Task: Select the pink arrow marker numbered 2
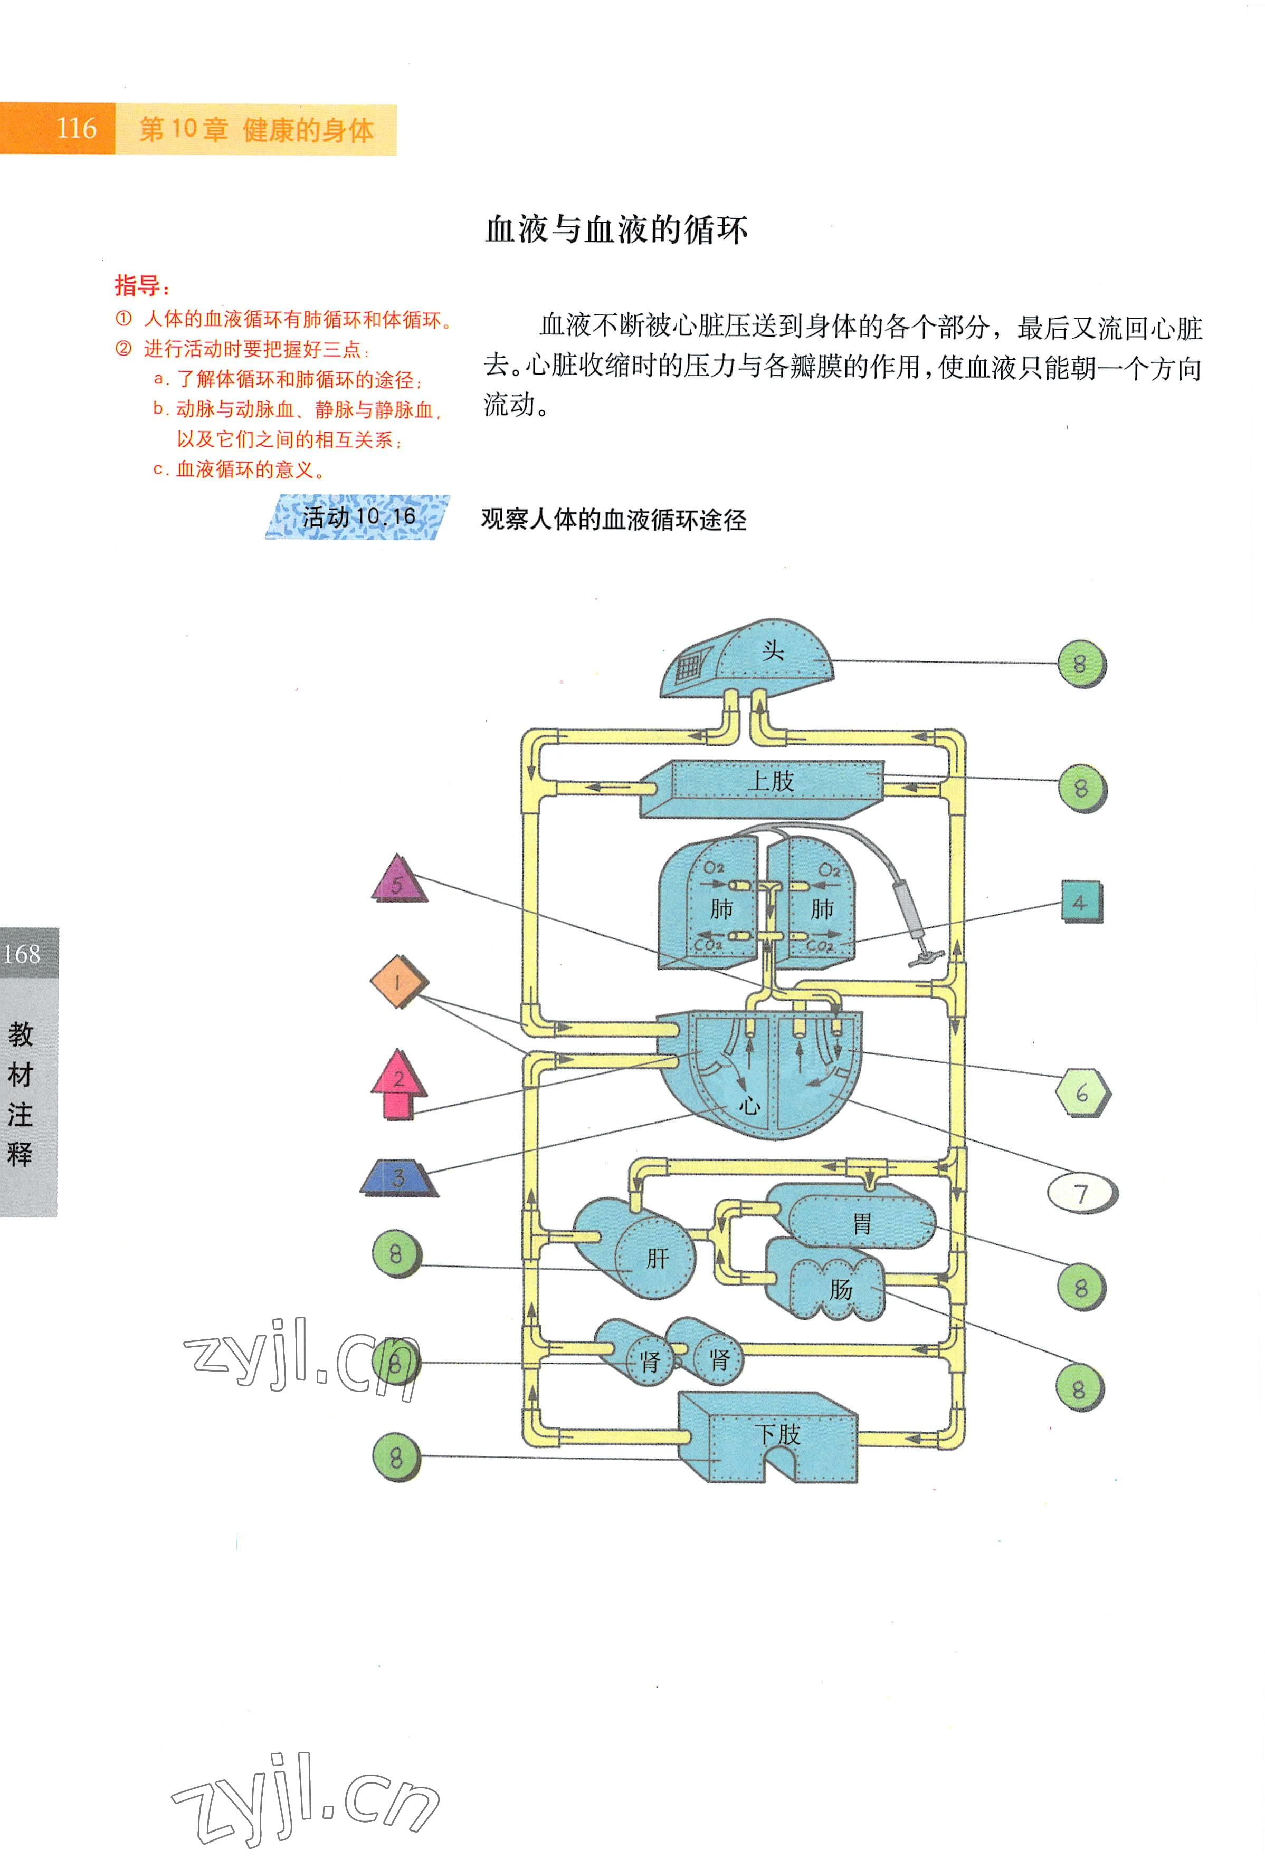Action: (398, 1084)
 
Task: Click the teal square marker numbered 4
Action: (1081, 902)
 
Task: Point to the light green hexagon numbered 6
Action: (1082, 1092)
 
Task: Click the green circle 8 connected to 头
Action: (1080, 664)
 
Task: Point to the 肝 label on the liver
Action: (658, 1260)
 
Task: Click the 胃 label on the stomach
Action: (861, 1223)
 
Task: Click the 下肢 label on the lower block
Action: (777, 1433)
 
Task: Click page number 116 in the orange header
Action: (76, 128)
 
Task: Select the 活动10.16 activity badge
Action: (358, 517)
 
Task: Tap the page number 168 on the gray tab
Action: (22, 954)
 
